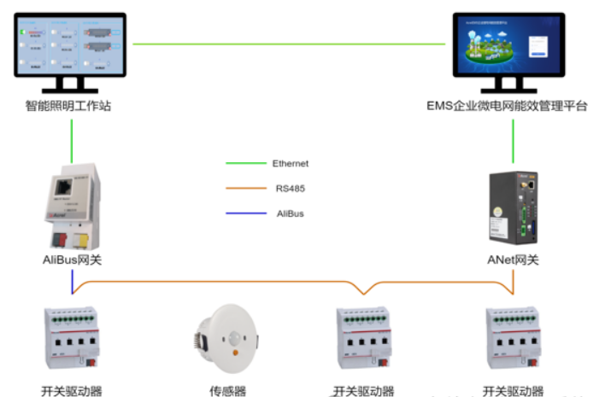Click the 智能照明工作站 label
(68, 107)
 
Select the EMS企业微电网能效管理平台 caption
(508, 107)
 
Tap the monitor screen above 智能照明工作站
(70, 46)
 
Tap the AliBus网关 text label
(72, 259)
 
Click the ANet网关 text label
(513, 259)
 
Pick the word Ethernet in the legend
(291, 163)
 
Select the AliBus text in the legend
(289, 213)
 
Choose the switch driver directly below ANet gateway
(514, 337)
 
